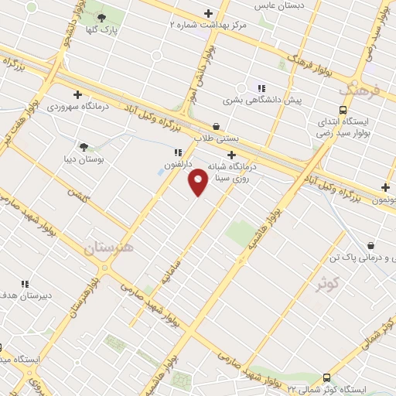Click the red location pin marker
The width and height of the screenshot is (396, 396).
(199, 182)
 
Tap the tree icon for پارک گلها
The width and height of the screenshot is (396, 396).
(101, 17)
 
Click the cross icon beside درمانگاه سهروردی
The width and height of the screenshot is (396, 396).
(77, 94)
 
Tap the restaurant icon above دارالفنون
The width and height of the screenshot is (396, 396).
(177, 152)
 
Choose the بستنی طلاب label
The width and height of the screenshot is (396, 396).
(216, 138)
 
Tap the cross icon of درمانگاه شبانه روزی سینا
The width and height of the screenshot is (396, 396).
(231, 155)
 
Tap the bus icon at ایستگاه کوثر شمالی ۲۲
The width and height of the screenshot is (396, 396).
(327, 377)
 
